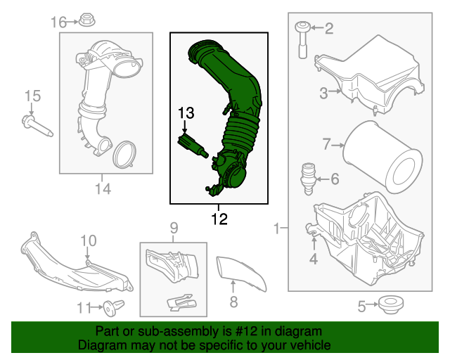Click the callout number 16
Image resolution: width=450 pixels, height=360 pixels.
click(x=58, y=22)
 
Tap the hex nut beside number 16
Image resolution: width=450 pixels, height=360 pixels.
click(x=88, y=20)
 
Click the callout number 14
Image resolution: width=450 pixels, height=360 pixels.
click(x=103, y=188)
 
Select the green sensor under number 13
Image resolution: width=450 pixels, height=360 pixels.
click(x=192, y=146)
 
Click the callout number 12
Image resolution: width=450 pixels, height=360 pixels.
click(x=219, y=219)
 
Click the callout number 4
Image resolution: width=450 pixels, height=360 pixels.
click(x=313, y=259)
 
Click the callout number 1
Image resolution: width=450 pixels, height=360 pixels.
click(x=278, y=228)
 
